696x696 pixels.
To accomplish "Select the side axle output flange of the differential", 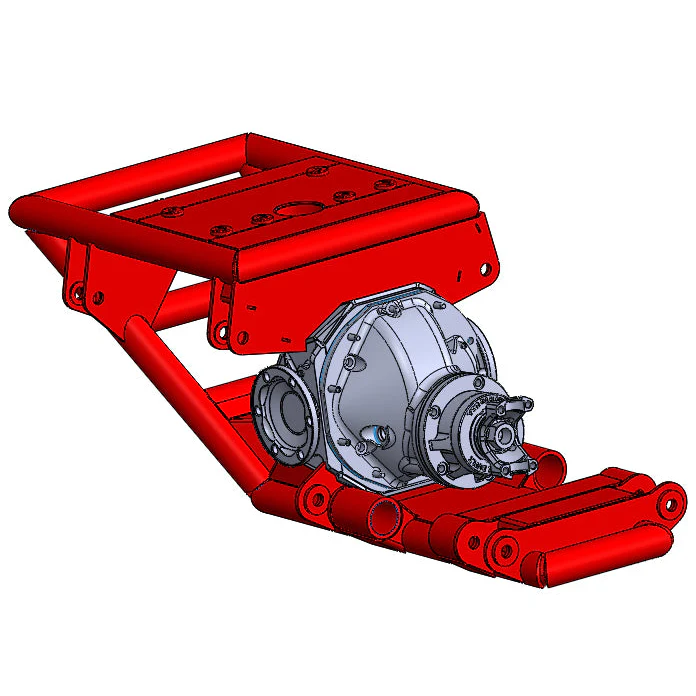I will coord(284,413).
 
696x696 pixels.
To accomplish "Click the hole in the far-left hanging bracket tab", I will coord(76,291).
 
